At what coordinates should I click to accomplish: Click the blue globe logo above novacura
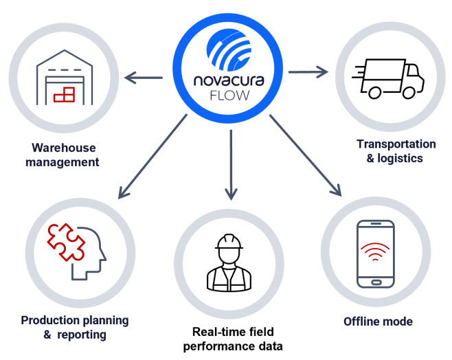click(x=229, y=50)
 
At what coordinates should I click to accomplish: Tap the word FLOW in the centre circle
click(x=229, y=95)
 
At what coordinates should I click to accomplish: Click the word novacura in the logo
click(x=229, y=80)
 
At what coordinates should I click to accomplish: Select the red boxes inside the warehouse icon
click(x=65, y=95)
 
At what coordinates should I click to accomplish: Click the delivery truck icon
click(x=388, y=79)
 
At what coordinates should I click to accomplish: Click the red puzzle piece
click(x=66, y=242)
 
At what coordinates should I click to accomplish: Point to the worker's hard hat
click(x=229, y=242)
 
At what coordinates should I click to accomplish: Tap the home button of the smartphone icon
click(x=376, y=282)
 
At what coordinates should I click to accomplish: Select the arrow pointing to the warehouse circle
click(x=144, y=78)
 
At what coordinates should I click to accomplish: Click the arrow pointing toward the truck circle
click(x=308, y=71)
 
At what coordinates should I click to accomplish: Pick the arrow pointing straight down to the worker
click(x=231, y=165)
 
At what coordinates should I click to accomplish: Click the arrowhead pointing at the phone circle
click(x=337, y=190)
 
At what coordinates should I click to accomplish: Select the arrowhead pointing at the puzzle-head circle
click(x=123, y=192)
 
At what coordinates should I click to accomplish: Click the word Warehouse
click(x=64, y=148)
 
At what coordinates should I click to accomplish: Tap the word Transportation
click(x=396, y=144)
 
